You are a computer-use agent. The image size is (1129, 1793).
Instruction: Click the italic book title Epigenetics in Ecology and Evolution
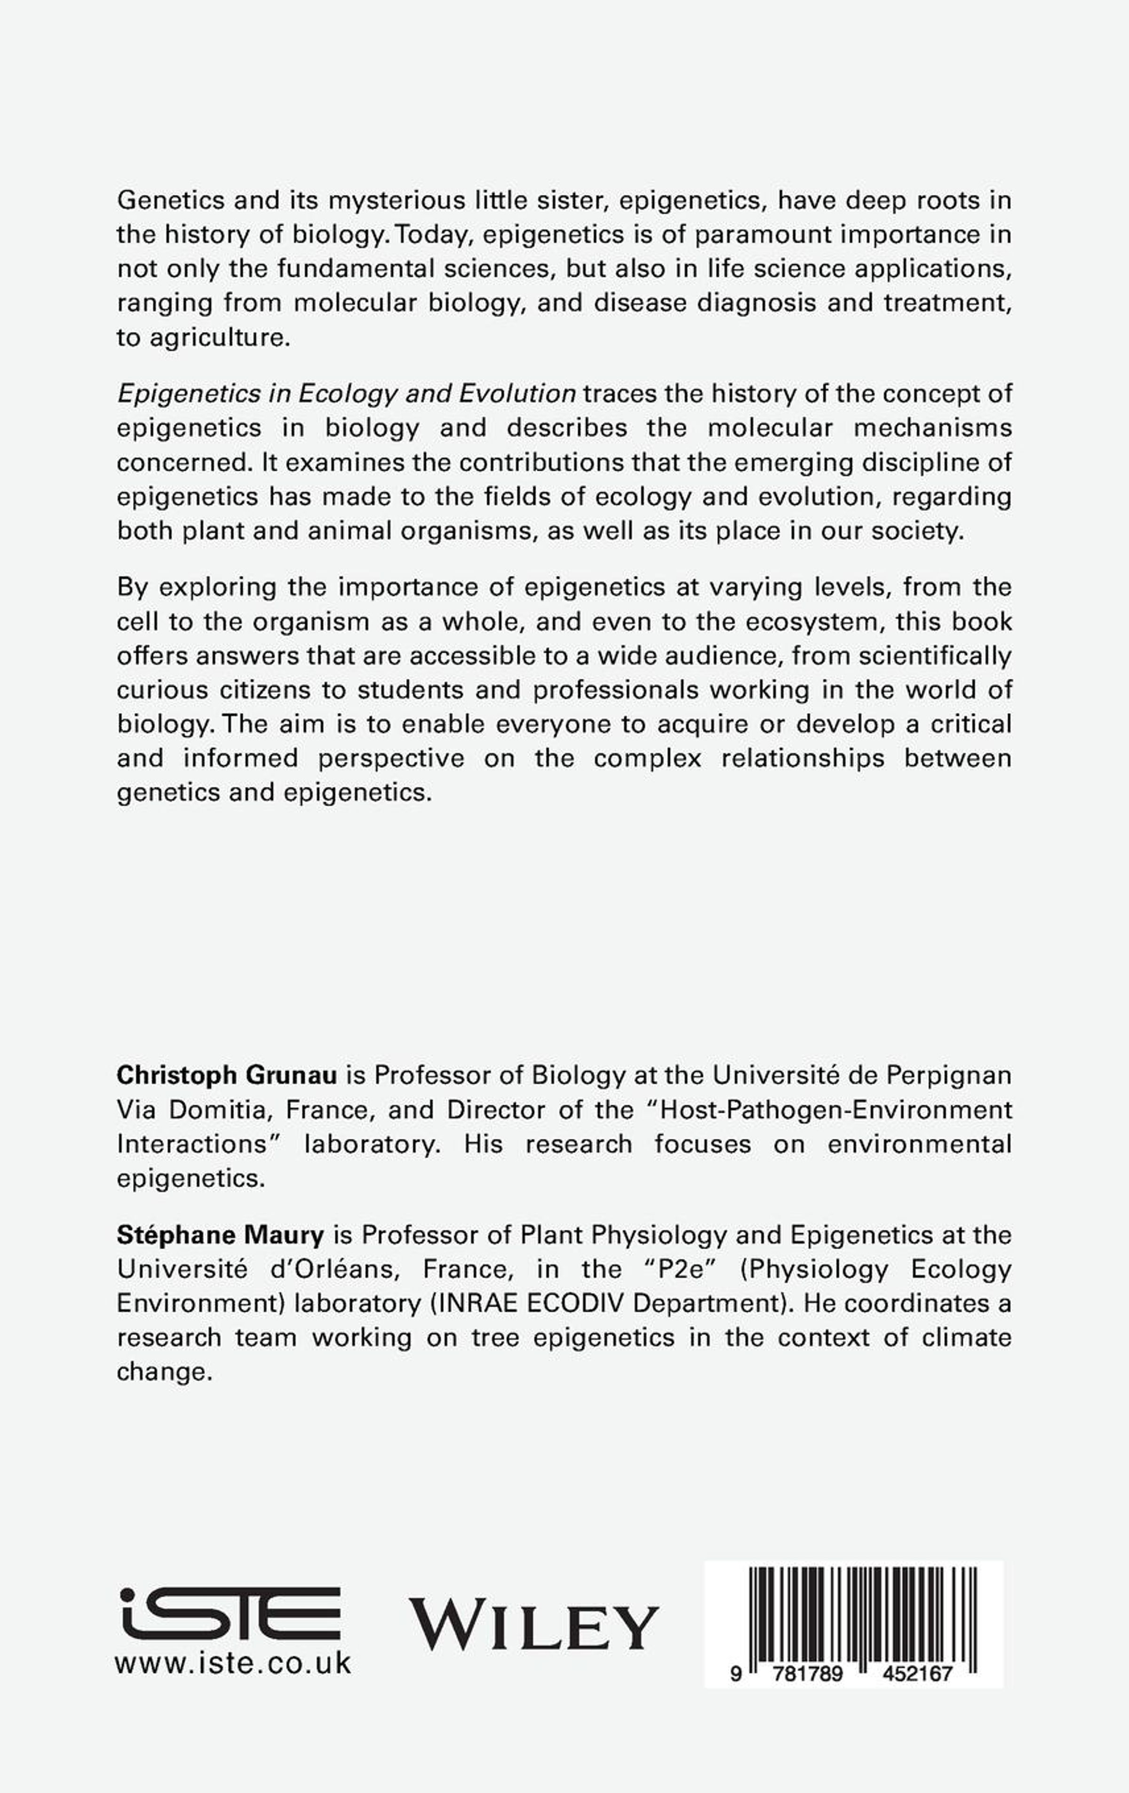[346, 393]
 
